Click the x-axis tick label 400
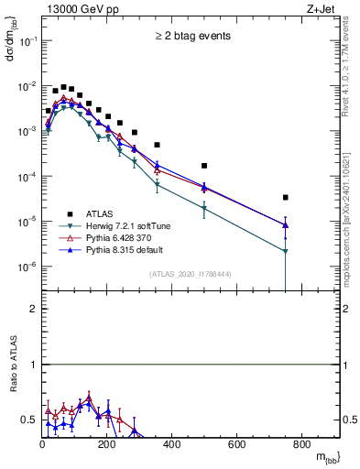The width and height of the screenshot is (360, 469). pos(172,445)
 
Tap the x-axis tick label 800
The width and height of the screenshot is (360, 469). pos(301,445)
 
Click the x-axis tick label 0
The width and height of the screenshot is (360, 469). pos(42,445)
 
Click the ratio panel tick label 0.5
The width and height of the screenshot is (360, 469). pos(29,420)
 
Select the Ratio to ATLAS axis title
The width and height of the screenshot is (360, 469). pos(13,365)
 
